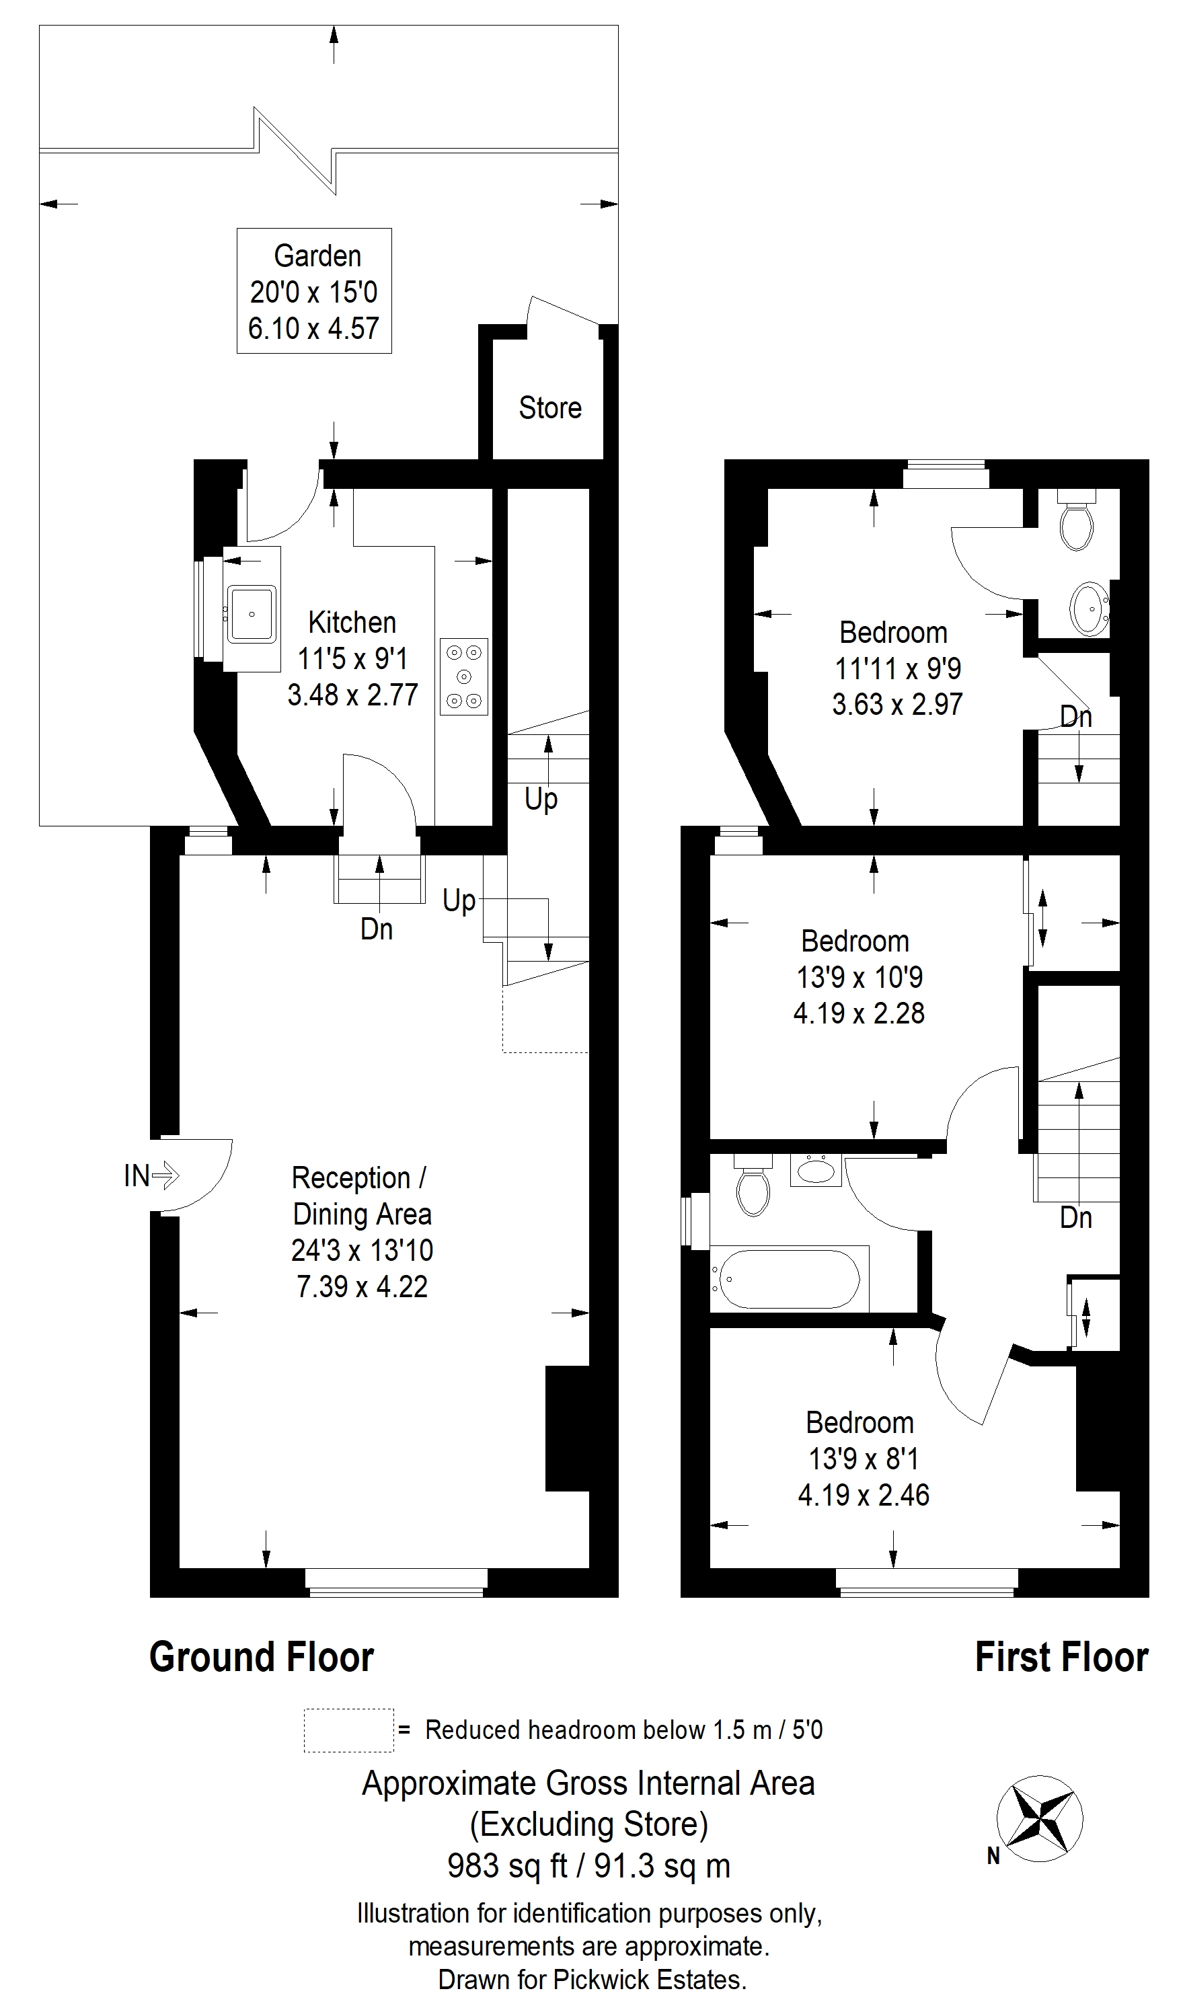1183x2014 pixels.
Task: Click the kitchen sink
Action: pyautogui.click(x=252, y=614)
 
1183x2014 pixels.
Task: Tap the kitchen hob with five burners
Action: pyautogui.click(x=463, y=676)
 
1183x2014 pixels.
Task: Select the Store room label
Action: pyautogui.click(x=550, y=408)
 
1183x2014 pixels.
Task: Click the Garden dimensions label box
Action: pyautogui.click(x=314, y=291)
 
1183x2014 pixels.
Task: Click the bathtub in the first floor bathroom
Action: pyautogui.click(x=790, y=1279)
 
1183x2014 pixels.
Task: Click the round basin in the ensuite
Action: pyautogui.click(x=1089, y=609)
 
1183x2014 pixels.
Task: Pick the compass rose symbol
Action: pyautogui.click(x=1040, y=1820)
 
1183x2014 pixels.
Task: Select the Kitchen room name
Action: pyautogui.click(x=352, y=622)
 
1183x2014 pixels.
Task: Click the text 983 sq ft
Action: pyautogui.click(x=507, y=1867)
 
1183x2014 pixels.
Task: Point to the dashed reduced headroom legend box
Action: pyautogui.click(x=348, y=1731)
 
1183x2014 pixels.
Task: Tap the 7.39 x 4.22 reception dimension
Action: pyautogui.click(x=362, y=1286)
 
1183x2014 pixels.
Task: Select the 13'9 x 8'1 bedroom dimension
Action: pyautogui.click(x=864, y=1459)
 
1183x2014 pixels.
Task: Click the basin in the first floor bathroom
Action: pyautogui.click(x=815, y=1171)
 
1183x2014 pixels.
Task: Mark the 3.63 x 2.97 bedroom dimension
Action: pyautogui.click(x=898, y=704)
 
